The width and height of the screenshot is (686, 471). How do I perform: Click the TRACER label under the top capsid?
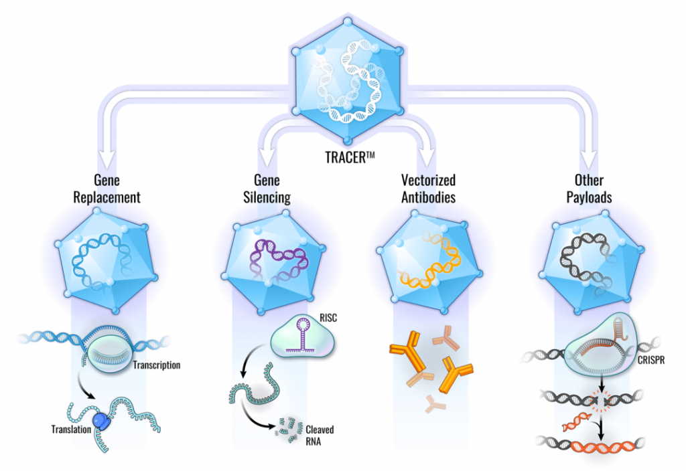tap(350, 157)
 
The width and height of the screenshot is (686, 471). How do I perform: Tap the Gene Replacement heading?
tap(107, 189)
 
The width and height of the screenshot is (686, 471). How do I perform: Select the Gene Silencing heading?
tap(267, 189)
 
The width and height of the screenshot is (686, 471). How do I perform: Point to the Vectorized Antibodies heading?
tap(428, 189)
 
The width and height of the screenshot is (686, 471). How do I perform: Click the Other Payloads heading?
tap(589, 189)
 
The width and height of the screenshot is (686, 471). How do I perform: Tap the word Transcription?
tap(157, 365)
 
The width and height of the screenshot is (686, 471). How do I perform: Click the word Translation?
tap(71, 430)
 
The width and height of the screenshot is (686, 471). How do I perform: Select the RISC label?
tap(328, 318)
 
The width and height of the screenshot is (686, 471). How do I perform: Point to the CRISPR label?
tap(651, 361)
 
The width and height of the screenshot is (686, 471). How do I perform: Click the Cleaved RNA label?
tap(320, 436)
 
